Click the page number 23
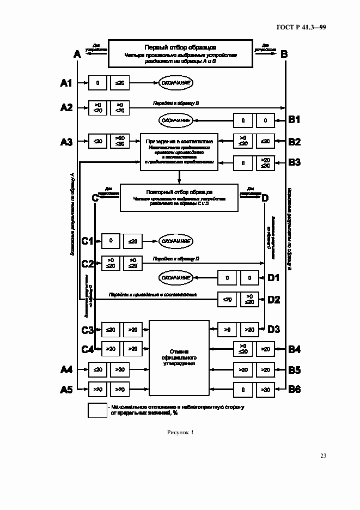(323, 456)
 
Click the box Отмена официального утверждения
(179, 357)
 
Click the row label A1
(66, 83)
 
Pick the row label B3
(295, 162)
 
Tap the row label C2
(88, 263)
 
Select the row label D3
(273, 329)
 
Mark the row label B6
(295, 389)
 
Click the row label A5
(66, 389)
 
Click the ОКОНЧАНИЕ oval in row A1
(176, 83)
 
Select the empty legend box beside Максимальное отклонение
(97, 410)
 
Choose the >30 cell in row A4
(120, 369)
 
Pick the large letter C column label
(95, 198)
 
